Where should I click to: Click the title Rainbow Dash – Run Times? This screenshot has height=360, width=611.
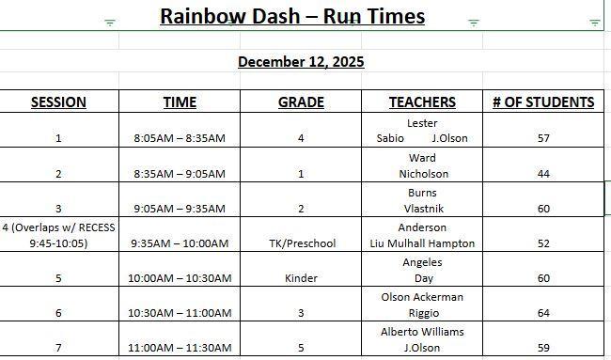291,16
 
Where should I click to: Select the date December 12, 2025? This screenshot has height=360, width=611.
301,62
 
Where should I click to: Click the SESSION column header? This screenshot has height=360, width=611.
58,102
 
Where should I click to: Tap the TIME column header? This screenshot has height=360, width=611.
180,102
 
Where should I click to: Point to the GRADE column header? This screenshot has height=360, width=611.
301,102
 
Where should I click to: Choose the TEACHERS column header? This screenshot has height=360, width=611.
422,102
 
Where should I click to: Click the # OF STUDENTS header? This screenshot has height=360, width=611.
543,102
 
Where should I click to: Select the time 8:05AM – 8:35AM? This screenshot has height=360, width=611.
180,138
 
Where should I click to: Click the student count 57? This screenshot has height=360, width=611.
543,138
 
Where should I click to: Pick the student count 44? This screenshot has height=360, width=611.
543,174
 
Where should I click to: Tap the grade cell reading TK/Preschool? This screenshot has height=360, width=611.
301,243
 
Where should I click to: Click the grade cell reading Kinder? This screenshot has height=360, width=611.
301,278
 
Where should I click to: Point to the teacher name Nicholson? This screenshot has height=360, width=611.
422,174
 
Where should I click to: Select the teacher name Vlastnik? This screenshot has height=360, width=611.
422,209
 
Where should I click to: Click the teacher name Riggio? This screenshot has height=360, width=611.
422,313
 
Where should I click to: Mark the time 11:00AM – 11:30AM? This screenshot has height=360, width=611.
180,348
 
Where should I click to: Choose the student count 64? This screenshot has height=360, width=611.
543,313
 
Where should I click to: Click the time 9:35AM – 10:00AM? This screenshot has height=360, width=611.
180,243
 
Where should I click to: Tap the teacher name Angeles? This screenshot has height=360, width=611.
422,262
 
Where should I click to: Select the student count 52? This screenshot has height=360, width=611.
543,243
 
